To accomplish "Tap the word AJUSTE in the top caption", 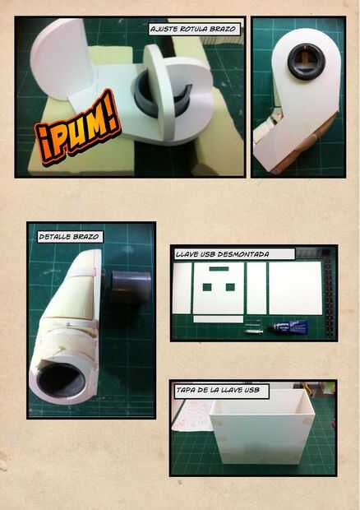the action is pos(164,29).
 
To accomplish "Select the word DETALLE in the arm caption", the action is pos(53,236).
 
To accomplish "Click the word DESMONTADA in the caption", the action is pos(243,254).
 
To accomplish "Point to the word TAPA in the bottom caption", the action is pos(186,390).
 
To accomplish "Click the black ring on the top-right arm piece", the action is pos(306,62).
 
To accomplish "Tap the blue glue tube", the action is pos(288,327).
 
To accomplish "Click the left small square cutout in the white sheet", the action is pos(207,287).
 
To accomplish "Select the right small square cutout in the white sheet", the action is pos(230,287).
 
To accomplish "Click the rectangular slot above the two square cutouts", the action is pos(219,269).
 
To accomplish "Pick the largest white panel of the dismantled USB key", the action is pos(295,288).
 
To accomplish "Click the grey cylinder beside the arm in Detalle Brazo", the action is pos(131,287).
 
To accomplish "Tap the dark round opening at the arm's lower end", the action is pos(61,380).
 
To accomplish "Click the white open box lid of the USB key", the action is pos(262,427).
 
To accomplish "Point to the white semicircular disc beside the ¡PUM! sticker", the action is pos(61,58).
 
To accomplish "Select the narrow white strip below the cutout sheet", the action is pos(219,319).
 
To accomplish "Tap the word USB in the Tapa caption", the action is pos(252,390).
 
